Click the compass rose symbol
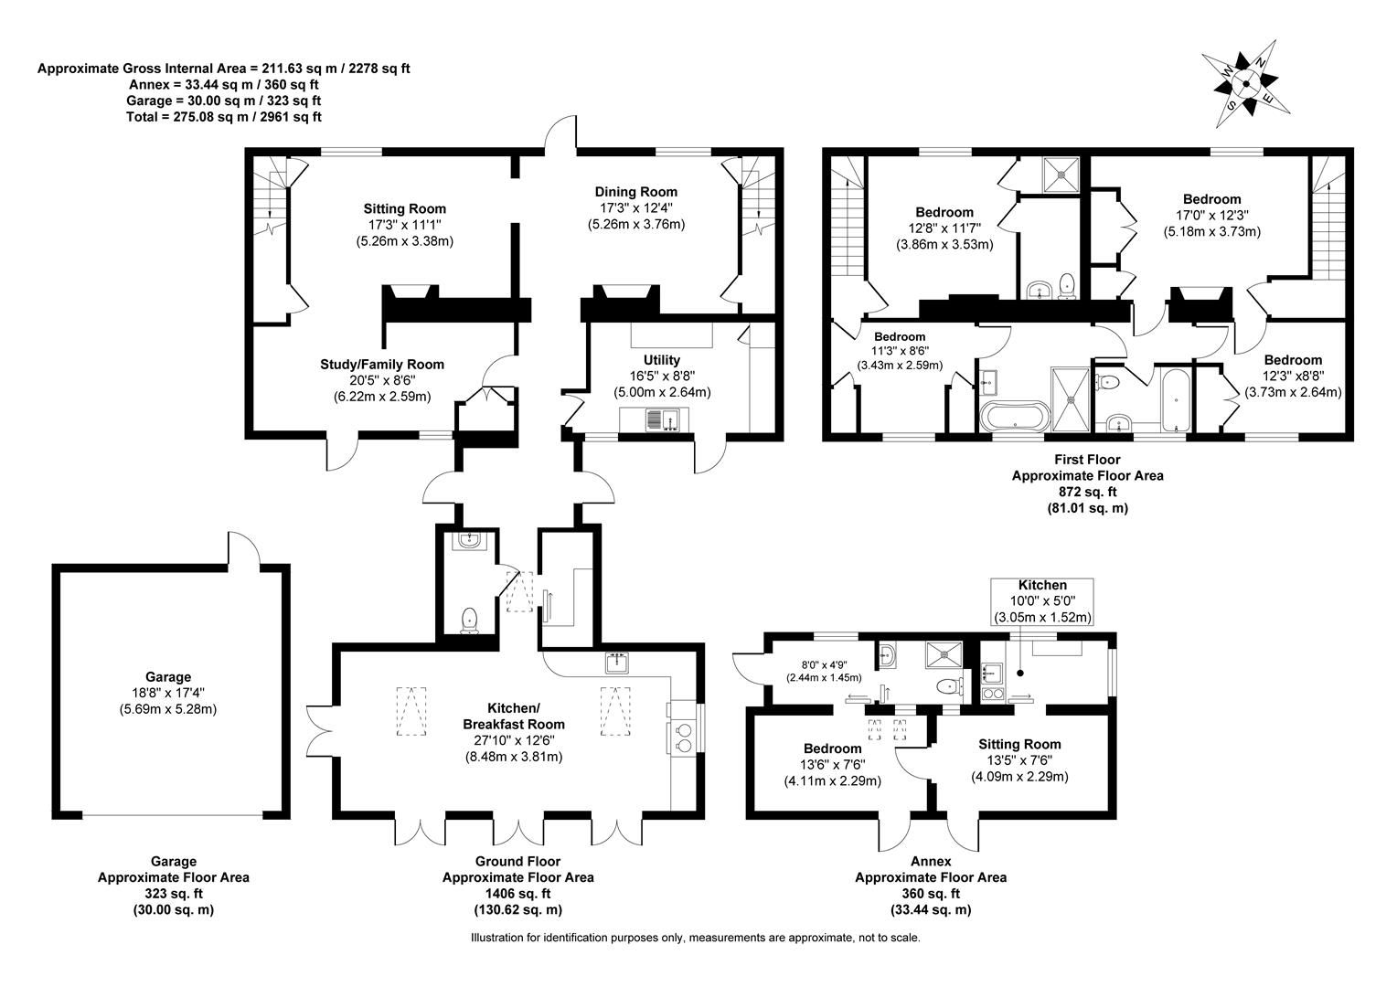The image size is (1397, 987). coord(1245,84)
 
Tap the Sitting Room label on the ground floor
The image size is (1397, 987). coord(405,209)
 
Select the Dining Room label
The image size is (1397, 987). coord(635,192)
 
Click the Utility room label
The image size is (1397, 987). coord(661,360)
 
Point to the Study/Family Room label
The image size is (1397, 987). coord(381,364)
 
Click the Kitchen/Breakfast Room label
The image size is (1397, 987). coord(513,716)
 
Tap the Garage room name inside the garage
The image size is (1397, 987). coord(167,676)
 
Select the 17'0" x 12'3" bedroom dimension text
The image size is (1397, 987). coord(1211,216)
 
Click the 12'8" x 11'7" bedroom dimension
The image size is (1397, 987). coord(944,228)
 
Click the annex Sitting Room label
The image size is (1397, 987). coord(1019,744)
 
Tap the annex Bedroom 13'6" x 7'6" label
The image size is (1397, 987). coord(832,764)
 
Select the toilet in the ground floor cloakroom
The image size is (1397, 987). coord(469,621)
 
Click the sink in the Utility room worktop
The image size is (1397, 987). coord(662,419)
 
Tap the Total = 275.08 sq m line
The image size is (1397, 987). coord(223,117)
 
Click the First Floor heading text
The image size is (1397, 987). coord(1087,460)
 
